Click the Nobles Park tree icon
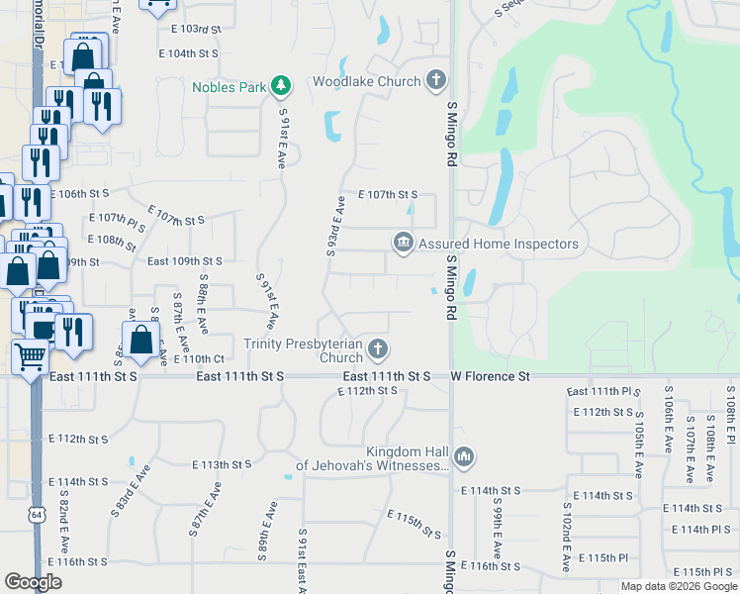click(281, 86)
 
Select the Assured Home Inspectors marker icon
click(403, 243)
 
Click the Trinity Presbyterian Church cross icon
click(376, 348)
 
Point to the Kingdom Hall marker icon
click(465, 457)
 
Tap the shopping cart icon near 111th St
click(31, 354)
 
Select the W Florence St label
click(491, 377)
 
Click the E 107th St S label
click(388, 195)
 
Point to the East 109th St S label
click(185, 261)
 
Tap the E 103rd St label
click(192, 30)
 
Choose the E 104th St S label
click(188, 53)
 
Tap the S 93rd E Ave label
click(334, 228)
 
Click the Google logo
click(35, 582)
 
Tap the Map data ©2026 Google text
click(678, 586)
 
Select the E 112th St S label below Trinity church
click(367, 391)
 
